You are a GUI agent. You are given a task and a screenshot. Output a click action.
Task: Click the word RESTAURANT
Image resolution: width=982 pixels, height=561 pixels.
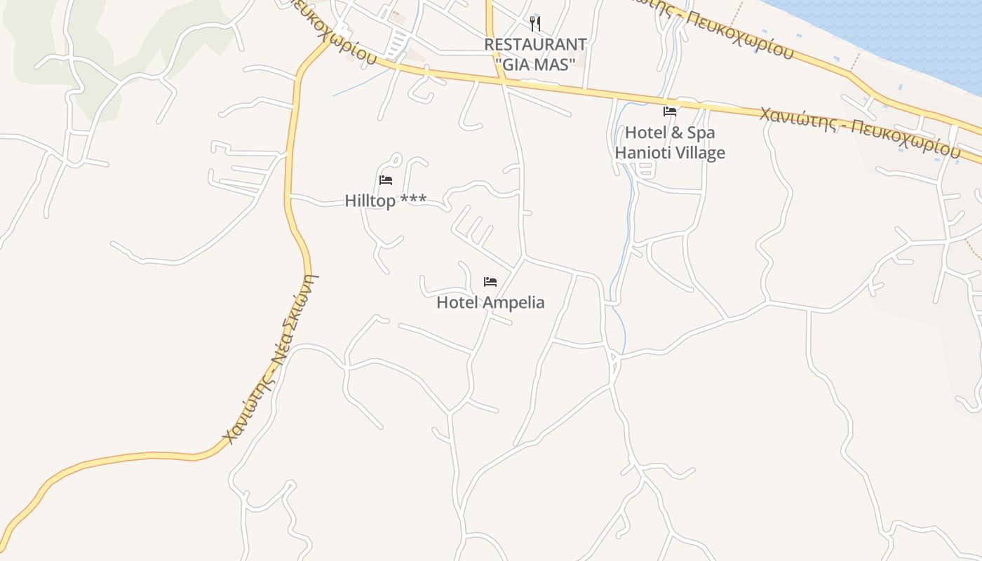535,44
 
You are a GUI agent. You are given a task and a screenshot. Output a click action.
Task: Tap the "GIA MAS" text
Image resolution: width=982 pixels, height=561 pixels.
535,63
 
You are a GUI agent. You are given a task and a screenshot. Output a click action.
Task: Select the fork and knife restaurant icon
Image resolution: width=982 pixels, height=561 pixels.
535,24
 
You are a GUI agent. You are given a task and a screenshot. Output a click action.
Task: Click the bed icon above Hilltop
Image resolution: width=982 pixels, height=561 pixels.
386,180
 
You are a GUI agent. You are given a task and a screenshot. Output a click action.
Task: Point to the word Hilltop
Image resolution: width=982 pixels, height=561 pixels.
370,201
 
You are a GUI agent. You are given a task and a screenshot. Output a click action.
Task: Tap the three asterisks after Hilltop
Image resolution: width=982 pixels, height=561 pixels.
413,201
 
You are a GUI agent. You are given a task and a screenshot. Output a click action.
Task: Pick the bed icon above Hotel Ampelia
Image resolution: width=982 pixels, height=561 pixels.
490,282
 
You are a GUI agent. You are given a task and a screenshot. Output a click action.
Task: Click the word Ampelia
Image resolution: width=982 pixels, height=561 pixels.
511,303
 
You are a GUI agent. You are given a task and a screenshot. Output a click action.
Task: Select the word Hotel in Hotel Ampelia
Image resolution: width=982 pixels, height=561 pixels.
456,303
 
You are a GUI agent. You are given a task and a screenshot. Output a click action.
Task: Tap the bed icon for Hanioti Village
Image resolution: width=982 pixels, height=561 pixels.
670,111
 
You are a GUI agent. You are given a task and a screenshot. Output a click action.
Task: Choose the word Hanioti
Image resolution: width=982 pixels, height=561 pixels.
640,153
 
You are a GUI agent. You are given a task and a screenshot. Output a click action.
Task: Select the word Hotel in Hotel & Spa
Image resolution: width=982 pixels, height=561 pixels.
645,133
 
